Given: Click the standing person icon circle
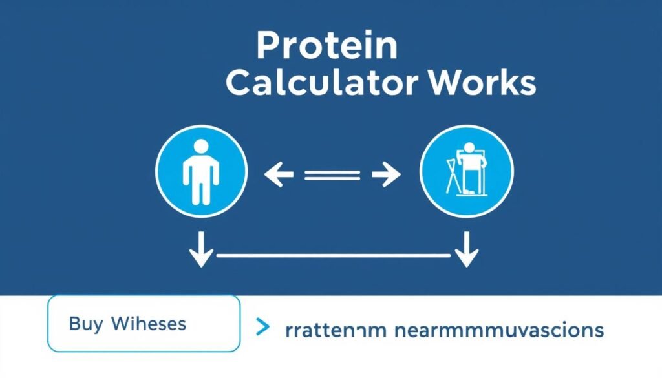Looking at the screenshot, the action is coord(201,171).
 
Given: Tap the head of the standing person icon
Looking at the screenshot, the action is coord(201,147).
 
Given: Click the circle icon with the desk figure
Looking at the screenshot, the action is coord(466,171).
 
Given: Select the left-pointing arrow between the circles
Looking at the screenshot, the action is coord(279,174).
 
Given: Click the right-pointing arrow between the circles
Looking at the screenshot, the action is coord(387,174).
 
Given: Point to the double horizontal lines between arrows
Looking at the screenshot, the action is coord(332,174).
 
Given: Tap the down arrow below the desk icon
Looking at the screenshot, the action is coord(465,253).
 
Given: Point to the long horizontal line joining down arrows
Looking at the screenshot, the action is coord(333,256).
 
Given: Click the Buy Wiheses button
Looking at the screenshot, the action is coord(144,323).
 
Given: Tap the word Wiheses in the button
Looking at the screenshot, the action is coord(149,323).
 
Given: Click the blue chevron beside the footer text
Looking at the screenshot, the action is coord(262,328).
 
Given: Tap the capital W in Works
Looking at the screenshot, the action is coord(446,84).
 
